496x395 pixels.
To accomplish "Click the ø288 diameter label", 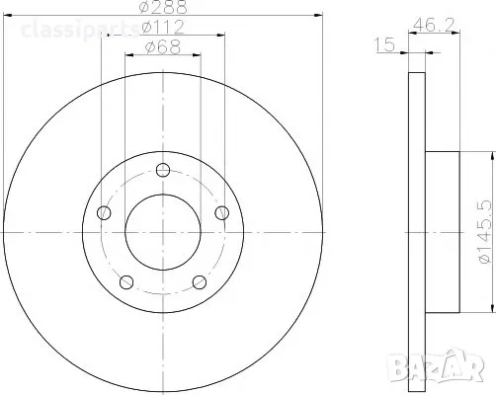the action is click(163, 7).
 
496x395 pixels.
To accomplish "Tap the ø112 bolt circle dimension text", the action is click(163, 28).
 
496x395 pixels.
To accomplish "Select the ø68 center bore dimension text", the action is click(163, 47).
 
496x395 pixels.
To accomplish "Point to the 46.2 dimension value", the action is click(434, 25).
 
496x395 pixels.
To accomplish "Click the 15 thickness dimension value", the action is click(384, 44).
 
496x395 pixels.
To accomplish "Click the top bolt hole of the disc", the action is click(163, 170).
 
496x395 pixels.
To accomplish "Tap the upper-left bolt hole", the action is click(104, 212).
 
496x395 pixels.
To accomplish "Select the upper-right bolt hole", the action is click(222, 212).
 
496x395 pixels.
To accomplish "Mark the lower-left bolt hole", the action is click(126, 282).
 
